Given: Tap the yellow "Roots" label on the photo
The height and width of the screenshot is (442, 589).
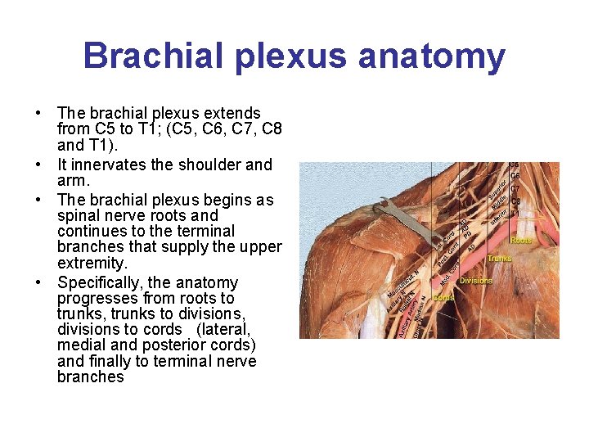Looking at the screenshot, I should click(x=521, y=241).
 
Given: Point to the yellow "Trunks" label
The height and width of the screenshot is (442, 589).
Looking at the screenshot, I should click(x=500, y=259).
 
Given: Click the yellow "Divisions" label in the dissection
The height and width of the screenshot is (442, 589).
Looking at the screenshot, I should click(x=476, y=280).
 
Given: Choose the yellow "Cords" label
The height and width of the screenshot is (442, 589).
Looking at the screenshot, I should click(x=444, y=297).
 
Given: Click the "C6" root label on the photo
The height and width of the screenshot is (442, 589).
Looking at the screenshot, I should click(x=515, y=176).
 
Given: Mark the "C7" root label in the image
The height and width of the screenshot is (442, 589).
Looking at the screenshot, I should click(x=515, y=189).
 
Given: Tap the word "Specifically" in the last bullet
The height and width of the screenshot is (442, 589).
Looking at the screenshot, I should click(x=101, y=282).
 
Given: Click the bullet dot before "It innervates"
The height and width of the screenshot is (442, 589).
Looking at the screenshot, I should click(x=38, y=165).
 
